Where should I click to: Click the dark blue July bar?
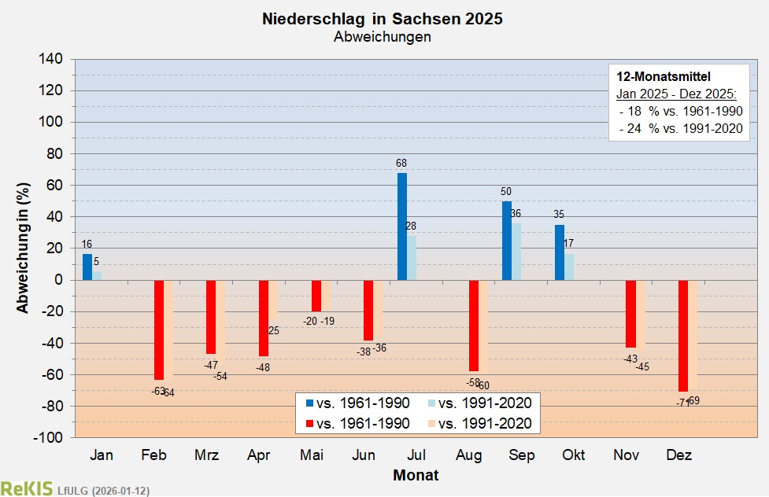[x=402, y=226]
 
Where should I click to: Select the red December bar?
[x=683, y=336]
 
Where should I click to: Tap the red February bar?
[x=159, y=329]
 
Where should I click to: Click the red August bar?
[x=474, y=326]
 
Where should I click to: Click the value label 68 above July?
[x=402, y=164]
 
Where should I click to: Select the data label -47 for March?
[x=211, y=365]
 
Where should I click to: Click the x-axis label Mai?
[x=311, y=456]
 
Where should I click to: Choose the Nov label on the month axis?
[x=627, y=456]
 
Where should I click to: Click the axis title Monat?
[x=416, y=475]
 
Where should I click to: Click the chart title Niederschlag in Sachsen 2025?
[x=383, y=19]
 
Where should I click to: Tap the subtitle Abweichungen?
[x=383, y=37]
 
